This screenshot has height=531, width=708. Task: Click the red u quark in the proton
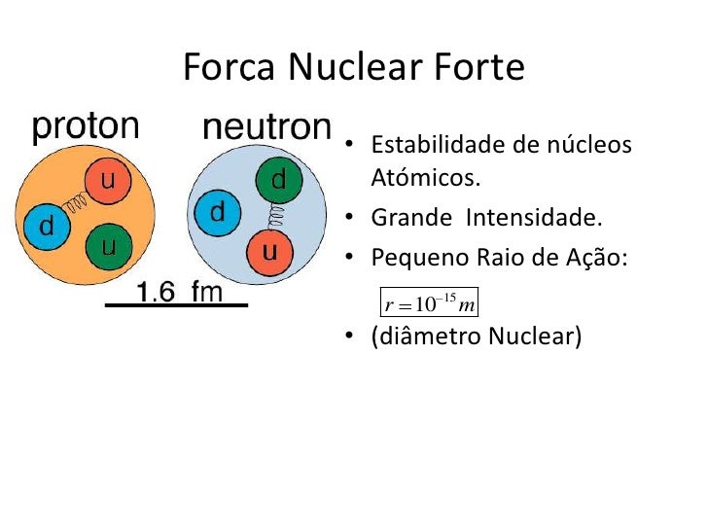109,180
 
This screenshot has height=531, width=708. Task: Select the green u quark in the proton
109,245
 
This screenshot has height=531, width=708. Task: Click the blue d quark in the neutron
218,212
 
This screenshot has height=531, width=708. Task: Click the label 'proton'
86,126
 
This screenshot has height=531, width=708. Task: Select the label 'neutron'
266,127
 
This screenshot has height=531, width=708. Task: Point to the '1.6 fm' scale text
179,290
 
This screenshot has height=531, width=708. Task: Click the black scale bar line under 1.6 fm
176,305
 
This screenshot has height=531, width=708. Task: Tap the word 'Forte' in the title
479,67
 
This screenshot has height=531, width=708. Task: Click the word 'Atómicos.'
426,179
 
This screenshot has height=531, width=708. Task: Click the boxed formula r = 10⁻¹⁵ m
429,302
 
